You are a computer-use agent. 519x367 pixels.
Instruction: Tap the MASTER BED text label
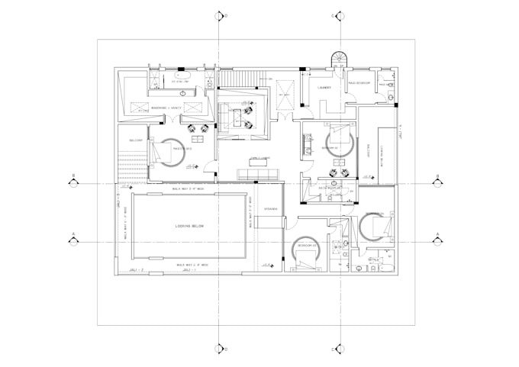(x=181, y=148)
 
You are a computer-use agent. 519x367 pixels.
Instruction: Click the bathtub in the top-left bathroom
(x=183, y=76)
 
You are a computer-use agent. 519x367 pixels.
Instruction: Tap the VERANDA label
(x=271, y=208)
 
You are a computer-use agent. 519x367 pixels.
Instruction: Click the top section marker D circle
(x=220, y=16)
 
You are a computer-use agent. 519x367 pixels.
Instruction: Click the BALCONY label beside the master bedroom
(x=137, y=140)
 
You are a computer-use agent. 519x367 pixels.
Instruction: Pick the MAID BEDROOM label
(x=359, y=82)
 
